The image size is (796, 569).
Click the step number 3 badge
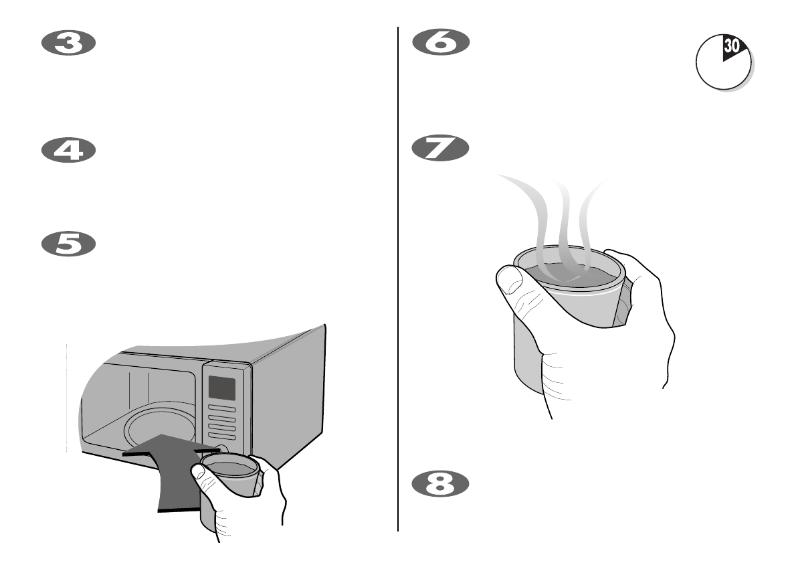click(69, 44)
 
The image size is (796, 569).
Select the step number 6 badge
click(441, 44)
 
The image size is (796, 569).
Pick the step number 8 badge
click(441, 485)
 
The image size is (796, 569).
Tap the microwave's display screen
click(221, 388)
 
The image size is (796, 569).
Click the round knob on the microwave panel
click(221, 451)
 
